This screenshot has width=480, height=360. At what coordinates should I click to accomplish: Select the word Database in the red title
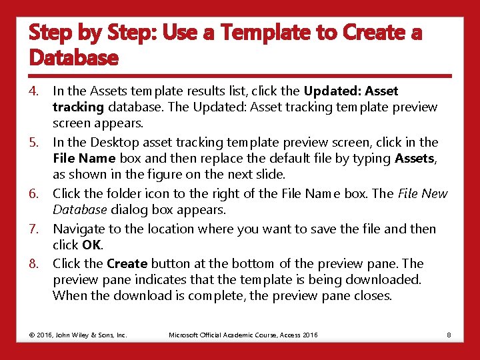coord(73,59)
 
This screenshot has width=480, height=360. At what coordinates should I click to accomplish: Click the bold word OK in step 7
coord(91,245)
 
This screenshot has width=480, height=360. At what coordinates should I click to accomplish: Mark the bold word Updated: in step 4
coord(329,91)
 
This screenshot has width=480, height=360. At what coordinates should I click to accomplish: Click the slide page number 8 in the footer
coord(449,334)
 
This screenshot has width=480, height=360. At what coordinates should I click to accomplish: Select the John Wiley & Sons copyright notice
coord(78,334)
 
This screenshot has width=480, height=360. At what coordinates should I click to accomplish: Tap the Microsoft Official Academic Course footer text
coord(243,334)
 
